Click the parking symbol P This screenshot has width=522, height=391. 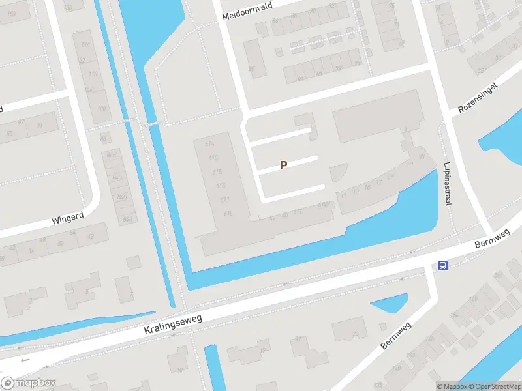283,166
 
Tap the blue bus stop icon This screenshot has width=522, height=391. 442,265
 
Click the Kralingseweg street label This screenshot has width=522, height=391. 173,324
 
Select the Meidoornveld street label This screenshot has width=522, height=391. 247,11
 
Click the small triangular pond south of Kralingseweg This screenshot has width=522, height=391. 389,304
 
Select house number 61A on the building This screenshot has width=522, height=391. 209,144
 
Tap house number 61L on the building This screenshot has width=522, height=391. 228,214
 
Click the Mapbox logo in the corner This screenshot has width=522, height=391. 27,383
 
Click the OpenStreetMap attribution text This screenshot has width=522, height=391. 490,386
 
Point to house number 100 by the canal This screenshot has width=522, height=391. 101,108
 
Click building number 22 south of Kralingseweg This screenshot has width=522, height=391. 355,334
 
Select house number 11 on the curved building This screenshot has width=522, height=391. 343,195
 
